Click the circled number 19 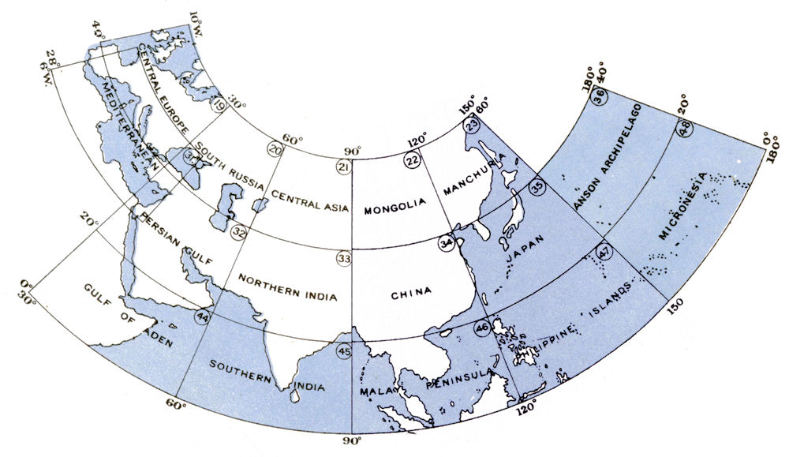coord(219,104)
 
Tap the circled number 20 coord(275,149)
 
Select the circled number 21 coord(343,167)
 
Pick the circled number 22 coord(412,159)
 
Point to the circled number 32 coord(239,231)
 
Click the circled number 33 coord(343,258)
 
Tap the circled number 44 coord(203,317)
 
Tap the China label coord(411,293)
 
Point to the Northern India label coord(287,289)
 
